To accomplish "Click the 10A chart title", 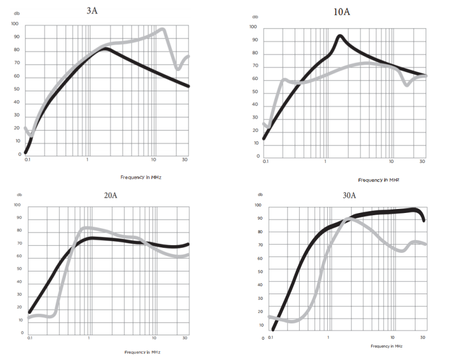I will click(341, 12).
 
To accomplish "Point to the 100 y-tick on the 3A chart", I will click(15, 24).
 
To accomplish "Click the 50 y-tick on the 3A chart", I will click(16, 90).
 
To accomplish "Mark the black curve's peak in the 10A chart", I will click(340, 36).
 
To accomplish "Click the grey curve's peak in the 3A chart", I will click(162, 29).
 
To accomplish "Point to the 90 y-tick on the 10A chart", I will click(255, 40).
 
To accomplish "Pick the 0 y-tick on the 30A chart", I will click(262, 338).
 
